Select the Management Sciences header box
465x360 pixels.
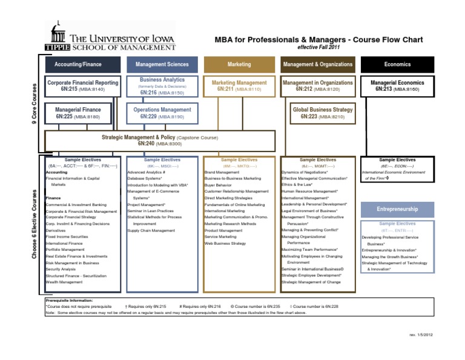pos(162,64)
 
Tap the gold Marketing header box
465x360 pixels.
pos(239,64)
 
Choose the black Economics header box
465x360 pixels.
pos(397,64)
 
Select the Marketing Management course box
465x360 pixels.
pos(239,85)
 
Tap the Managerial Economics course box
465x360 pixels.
pos(397,85)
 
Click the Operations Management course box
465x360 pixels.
pos(162,113)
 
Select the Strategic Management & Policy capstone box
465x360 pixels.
pos(159,141)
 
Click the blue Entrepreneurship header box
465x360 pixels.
pos(397,209)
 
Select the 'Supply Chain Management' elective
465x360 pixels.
pos(151,231)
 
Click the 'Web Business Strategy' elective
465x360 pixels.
pos(225,243)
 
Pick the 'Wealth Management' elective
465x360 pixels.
pos(65,282)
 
